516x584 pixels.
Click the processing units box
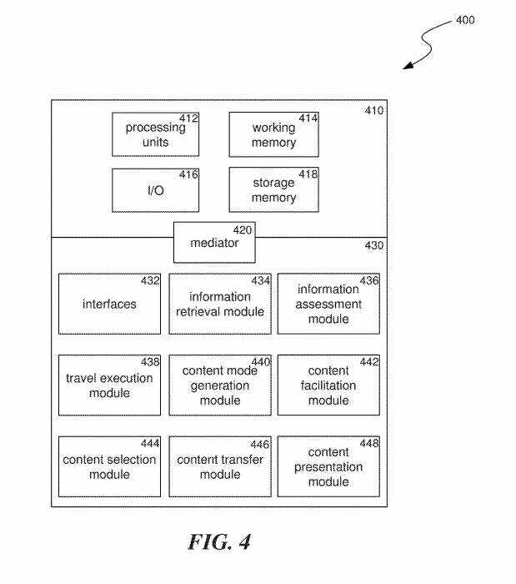(x=156, y=134)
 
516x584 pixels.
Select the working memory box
(x=273, y=134)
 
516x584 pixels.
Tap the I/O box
(x=156, y=190)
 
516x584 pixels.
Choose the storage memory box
(x=273, y=190)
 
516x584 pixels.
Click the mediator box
(x=214, y=243)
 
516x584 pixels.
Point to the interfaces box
(x=109, y=304)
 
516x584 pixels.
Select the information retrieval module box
(x=220, y=304)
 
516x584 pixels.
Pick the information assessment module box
(x=328, y=304)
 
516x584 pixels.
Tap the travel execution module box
(x=109, y=385)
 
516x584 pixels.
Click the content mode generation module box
(x=220, y=385)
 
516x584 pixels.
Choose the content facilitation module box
(x=328, y=385)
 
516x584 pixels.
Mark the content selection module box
(x=109, y=466)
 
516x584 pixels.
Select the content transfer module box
(x=220, y=466)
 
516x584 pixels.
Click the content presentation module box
(x=328, y=466)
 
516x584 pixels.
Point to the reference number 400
(x=465, y=20)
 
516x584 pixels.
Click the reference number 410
(x=374, y=110)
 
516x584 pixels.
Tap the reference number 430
(x=374, y=246)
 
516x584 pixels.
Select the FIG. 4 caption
(x=218, y=542)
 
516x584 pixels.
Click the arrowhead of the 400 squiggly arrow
(x=408, y=67)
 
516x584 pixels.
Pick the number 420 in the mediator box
(x=243, y=229)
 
